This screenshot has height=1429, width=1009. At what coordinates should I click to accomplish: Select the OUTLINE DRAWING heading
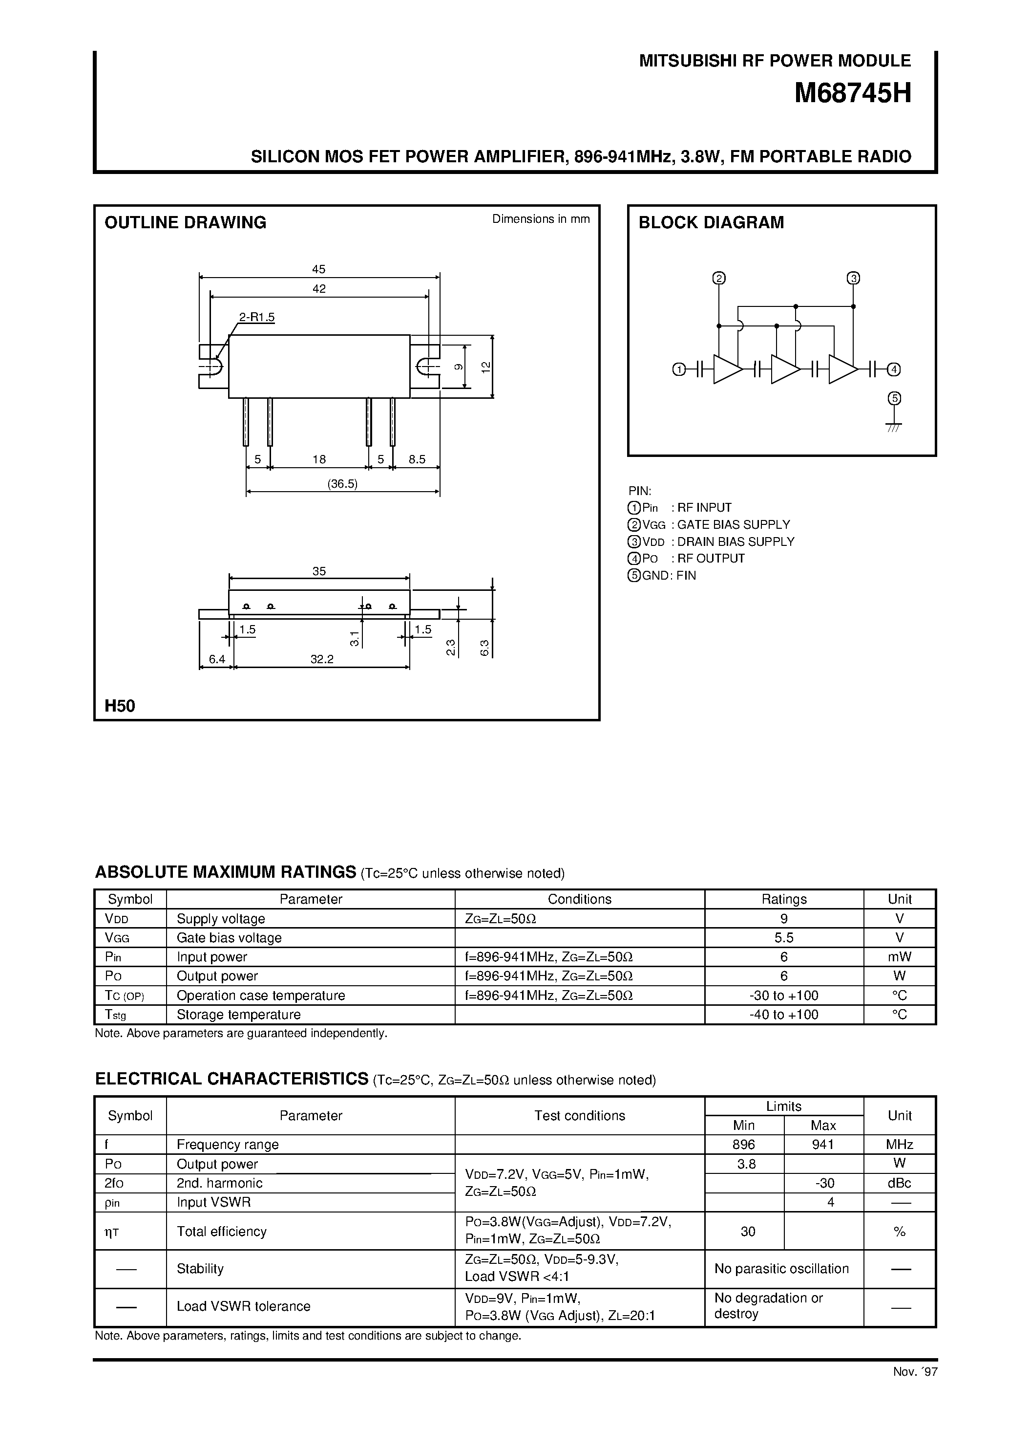click(186, 222)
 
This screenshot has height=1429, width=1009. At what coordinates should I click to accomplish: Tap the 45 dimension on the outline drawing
click(318, 269)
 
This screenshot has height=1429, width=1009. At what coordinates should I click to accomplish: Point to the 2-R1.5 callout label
click(257, 317)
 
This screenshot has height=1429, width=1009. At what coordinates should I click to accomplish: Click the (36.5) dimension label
click(343, 484)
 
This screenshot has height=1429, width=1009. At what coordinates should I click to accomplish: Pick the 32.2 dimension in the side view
click(322, 659)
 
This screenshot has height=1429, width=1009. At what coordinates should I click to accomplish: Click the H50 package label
click(120, 706)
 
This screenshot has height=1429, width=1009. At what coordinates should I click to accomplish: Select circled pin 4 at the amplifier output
click(894, 369)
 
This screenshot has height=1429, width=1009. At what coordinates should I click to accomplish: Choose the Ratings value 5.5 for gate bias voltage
click(784, 938)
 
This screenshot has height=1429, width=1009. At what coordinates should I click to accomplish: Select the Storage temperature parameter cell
click(239, 1015)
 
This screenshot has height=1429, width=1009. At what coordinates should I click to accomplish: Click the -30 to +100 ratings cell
click(784, 995)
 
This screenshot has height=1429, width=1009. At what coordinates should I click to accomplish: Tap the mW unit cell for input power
click(900, 956)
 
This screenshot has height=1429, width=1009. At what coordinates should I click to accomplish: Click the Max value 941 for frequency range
click(823, 1145)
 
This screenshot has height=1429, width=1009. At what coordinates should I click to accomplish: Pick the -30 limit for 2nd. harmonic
click(823, 1183)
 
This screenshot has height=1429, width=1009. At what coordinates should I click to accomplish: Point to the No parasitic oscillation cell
click(782, 1268)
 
